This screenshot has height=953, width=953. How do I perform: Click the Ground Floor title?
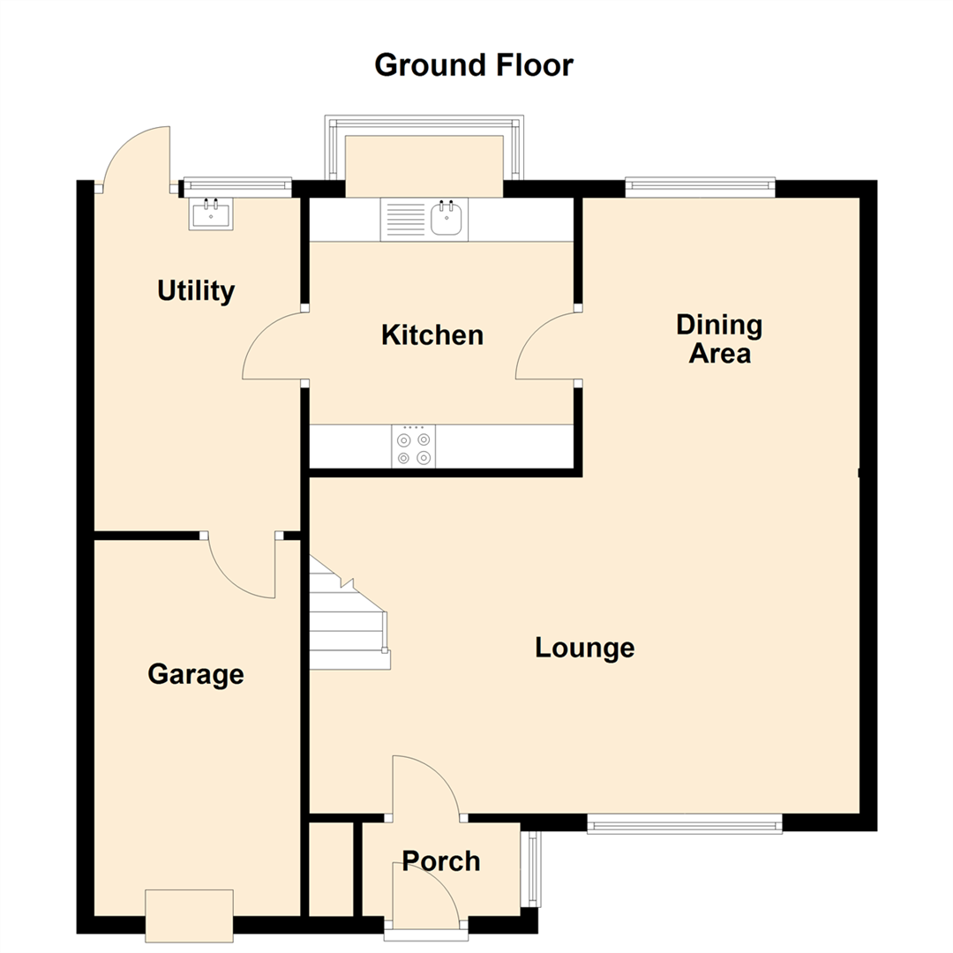[474, 65]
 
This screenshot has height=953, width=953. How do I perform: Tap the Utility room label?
[196, 290]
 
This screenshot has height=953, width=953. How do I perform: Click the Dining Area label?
[719, 339]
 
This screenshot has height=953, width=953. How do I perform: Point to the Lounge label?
[585, 648]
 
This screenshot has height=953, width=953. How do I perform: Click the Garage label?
[195, 675]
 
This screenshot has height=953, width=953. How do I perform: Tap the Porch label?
[441, 860]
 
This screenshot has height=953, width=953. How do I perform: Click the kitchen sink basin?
[448, 219]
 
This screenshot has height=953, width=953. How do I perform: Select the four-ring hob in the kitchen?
[414, 447]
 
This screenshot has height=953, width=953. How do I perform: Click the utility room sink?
[211, 214]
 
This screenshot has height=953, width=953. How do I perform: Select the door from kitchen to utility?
[274, 347]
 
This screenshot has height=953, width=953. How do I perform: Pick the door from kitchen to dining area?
[547, 347]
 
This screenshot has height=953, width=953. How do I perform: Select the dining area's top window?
[701, 186]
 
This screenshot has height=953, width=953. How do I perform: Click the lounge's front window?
[685, 825]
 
